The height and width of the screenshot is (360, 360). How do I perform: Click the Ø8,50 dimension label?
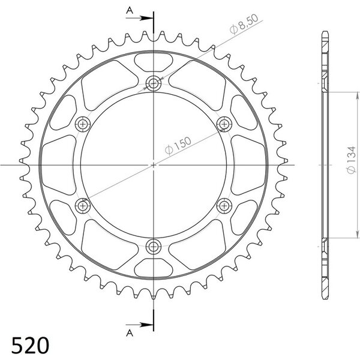(x=244, y=24)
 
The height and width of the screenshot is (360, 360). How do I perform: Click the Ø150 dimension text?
(x=178, y=146)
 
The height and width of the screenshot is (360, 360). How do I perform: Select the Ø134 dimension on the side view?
(x=351, y=160)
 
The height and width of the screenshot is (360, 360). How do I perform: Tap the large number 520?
(x=31, y=345)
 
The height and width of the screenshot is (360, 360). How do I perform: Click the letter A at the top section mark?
(x=130, y=10)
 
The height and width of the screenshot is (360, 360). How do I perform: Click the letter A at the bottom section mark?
(x=130, y=332)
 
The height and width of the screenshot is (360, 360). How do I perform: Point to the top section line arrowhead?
(x=146, y=19)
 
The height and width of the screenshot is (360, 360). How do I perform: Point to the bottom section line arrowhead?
(x=146, y=325)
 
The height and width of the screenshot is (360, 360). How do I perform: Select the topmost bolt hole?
(x=154, y=83)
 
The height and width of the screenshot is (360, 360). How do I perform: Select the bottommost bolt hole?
(x=154, y=247)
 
